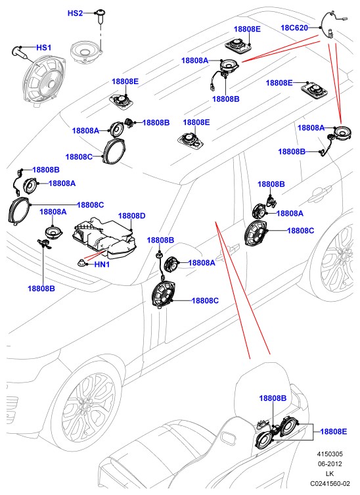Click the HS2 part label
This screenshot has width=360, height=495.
pos(75,13)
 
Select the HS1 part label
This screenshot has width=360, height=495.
pos(43,48)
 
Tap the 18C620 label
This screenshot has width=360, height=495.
pos(294,28)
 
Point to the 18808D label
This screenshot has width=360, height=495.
pos(131,216)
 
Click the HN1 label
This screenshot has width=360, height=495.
pos(102,264)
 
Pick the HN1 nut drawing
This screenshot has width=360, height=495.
pos(81,262)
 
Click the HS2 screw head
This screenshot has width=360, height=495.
pos(101,13)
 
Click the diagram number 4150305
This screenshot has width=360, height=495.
pos(330,454)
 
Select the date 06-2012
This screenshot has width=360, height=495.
pos(330,463)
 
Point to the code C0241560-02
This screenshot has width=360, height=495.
pos(330,483)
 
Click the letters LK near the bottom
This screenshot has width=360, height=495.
pos(330,473)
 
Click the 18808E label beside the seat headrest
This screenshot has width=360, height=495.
pos(334,431)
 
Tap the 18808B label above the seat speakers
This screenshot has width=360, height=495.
pos(273,398)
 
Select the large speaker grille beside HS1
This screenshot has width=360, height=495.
pos(44,80)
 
